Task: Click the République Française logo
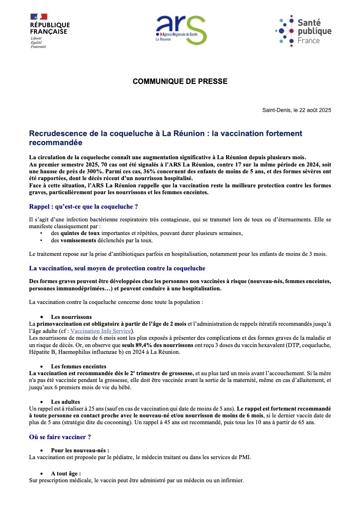click(49, 31)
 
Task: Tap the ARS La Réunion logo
click(181, 29)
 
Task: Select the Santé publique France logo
click(303, 30)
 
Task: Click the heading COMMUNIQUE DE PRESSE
click(180, 82)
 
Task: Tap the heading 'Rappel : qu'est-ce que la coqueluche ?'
click(83, 206)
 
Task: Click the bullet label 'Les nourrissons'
click(71, 317)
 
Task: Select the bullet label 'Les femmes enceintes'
click(79, 366)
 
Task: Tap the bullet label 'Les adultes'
click(65, 401)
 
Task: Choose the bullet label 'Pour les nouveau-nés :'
click(80, 450)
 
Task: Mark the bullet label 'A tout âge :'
click(66, 473)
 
